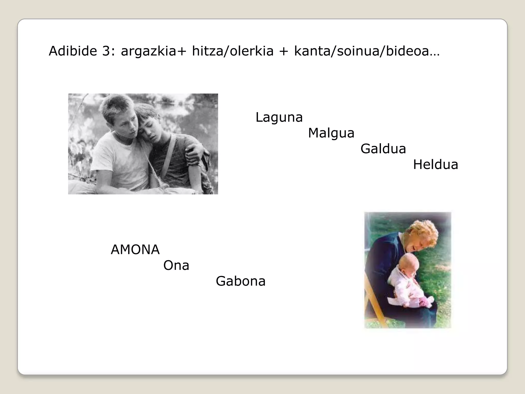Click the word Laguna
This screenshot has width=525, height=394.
pos(279,117)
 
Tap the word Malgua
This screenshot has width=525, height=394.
pos(331,133)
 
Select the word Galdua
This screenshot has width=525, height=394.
pos(383,149)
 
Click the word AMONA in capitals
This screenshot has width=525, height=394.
pos(135,250)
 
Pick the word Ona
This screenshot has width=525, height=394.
pos(176,265)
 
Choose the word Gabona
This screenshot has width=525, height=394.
pos(240,281)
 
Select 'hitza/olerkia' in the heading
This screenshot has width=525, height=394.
pos(233,51)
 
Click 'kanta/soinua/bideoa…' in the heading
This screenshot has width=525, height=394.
pos(367,51)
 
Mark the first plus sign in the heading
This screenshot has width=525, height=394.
pos(181,51)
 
